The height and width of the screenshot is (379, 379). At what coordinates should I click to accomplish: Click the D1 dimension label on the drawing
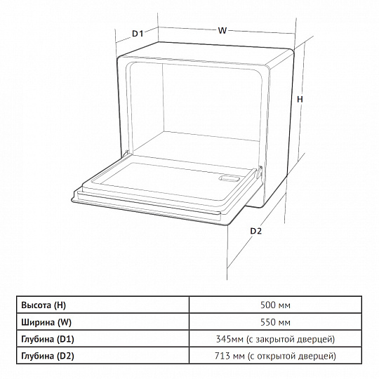[x=138, y=34]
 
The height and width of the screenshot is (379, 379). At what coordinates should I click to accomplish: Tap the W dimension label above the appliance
[x=222, y=30]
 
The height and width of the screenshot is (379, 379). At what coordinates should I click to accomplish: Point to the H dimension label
[x=300, y=99]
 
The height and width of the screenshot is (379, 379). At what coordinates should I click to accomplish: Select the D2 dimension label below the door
[x=255, y=231]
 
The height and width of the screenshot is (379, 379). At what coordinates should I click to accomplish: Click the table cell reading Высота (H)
[x=44, y=305]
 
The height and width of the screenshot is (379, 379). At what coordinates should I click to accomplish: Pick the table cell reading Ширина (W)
[x=46, y=322]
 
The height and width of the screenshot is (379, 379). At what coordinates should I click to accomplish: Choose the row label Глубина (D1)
[x=48, y=339]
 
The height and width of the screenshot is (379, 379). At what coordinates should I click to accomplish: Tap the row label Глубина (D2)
[x=48, y=356]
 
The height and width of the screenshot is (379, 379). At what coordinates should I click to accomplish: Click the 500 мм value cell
[x=275, y=305]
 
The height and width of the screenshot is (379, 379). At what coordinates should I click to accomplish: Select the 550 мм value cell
[x=275, y=322]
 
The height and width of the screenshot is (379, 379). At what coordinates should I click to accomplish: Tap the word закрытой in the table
[x=275, y=340]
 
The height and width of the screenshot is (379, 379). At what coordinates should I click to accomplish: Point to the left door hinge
[x=126, y=154]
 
